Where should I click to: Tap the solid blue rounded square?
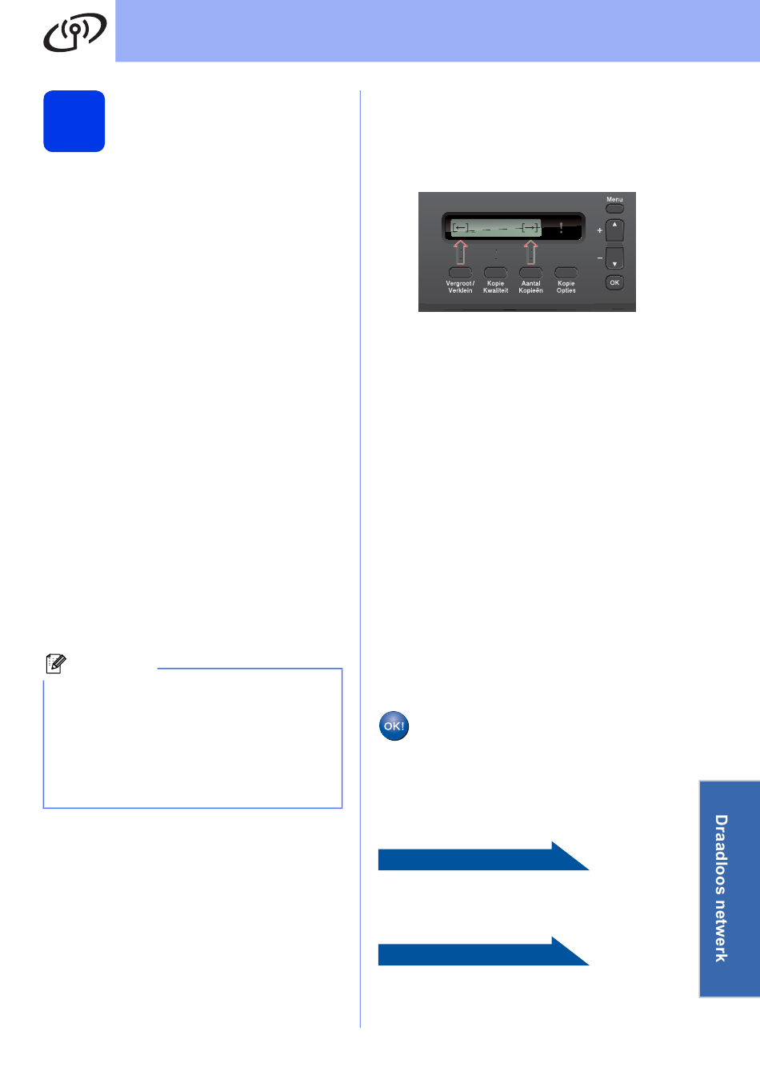(x=74, y=121)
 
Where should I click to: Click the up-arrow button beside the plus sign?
(x=614, y=230)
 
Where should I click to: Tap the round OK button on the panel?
(x=614, y=282)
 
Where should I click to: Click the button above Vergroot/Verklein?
(x=460, y=273)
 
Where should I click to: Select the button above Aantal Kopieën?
(x=530, y=273)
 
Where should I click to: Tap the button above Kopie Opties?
(x=566, y=273)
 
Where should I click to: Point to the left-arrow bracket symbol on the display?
(x=461, y=228)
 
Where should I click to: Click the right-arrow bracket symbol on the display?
(x=530, y=228)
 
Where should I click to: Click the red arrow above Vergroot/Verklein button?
(x=460, y=253)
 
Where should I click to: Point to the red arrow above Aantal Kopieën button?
(x=530, y=253)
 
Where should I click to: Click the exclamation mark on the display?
(x=562, y=228)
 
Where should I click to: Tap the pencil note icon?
(x=55, y=663)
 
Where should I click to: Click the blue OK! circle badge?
(x=394, y=726)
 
